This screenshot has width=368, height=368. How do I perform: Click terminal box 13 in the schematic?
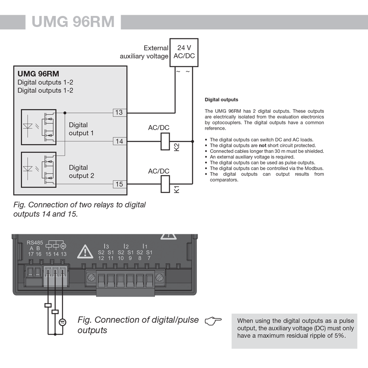(x=119, y=112)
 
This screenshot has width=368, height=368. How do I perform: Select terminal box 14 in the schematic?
(x=119, y=141)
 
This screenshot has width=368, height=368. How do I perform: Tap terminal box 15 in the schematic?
(x=119, y=184)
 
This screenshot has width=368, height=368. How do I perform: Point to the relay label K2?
(x=177, y=147)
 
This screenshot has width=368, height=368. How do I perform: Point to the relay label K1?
(x=177, y=190)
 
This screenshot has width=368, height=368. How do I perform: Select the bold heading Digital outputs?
(x=221, y=99)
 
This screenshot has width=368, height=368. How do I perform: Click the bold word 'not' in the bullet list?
(x=263, y=146)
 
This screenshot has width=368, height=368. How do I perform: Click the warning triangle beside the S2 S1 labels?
(x=85, y=251)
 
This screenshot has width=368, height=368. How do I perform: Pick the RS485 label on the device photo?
(x=35, y=242)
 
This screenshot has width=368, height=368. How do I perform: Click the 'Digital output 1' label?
(x=81, y=129)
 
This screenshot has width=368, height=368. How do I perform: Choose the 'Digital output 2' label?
(x=81, y=171)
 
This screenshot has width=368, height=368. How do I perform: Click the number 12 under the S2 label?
(x=101, y=258)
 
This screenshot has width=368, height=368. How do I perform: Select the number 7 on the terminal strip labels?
(x=149, y=258)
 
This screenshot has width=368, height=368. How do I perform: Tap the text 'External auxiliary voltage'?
(x=144, y=52)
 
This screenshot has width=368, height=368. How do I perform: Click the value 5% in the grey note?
(x=338, y=336)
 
